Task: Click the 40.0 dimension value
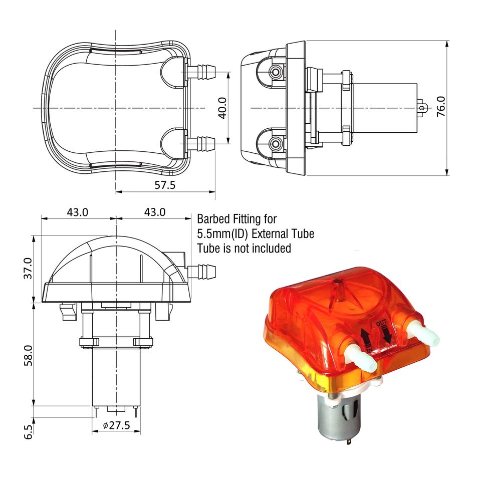(x=222, y=108)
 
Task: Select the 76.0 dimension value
(x=441, y=106)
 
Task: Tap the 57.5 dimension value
(x=165, y=185)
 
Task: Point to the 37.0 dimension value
(x=28, y=268)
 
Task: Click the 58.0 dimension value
(x=28, y=356)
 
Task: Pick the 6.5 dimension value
(x=28, y=432)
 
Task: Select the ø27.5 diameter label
(x=117, y=425)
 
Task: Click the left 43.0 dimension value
(x=78, y=212)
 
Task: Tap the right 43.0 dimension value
(x=155, y=212)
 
